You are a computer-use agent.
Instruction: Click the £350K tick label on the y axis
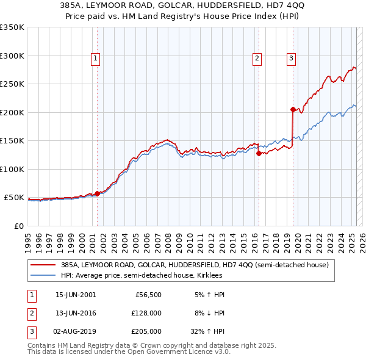pos(12,27)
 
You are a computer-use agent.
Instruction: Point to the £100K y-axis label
pos(12,169)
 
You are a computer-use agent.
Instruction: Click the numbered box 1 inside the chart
pos(96,59)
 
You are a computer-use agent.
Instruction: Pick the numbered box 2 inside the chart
pos(257,59)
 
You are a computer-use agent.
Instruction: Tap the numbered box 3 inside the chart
pos(291,59)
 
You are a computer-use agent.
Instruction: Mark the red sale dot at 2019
pos(293,110)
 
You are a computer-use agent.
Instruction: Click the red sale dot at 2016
pos(259,154)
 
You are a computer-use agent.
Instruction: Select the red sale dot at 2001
pos(97,194)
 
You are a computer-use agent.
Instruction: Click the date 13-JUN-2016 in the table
pos(76,313)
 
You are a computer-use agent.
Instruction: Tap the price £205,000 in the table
pos(146,331)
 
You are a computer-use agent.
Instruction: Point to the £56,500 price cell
pos(148,295)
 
